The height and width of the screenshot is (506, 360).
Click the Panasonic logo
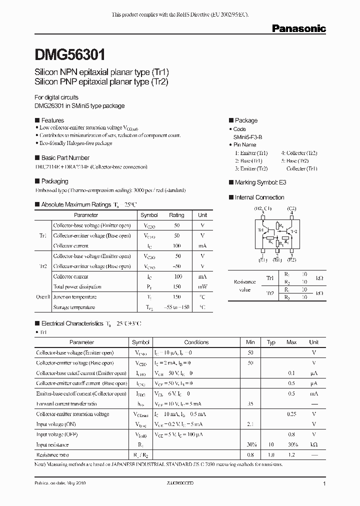click(x=298, y=29)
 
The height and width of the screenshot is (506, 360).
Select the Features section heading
click(x=52, y=120)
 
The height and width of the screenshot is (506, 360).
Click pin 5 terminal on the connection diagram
click(x=262, y=213)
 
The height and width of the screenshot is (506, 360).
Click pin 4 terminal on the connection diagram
click(x=291, y=213)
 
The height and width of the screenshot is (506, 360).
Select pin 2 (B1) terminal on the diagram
click(x=277, y=254)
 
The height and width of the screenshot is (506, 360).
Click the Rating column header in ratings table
click(x=176, y=215)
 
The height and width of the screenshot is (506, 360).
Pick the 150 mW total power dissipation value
click(x=176, y=286)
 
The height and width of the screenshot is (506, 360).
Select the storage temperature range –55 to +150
click(x=176, y=307)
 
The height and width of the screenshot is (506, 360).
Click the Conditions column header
click(x=196, y=342)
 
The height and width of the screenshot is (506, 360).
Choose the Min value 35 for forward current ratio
click(x=250, y=403)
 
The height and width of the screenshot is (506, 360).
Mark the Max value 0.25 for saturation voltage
click(x=291, y=414)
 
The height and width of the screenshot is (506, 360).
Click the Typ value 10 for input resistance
click(x=271, y=444)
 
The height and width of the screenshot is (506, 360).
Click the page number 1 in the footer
click(x=324, y=484)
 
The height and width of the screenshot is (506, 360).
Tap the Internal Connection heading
click(x=259, y=197)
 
